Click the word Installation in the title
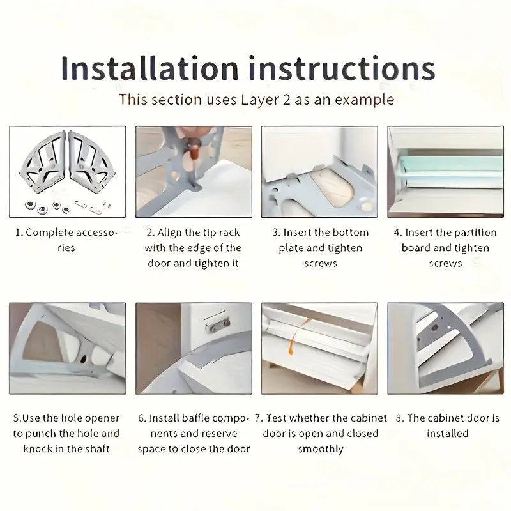coord(150,68)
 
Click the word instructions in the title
coord(342,68)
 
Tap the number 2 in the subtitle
coord(286,100)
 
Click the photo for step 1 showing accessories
coord(68,172)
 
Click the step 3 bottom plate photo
coord(319,172)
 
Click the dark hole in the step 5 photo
coord(84,359)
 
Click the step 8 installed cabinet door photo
coord(445,348)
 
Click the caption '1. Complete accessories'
coord(66,240)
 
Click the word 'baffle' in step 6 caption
coord(193,418)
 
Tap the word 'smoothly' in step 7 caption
coord(321,450)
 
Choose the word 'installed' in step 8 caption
coord(448,434)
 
